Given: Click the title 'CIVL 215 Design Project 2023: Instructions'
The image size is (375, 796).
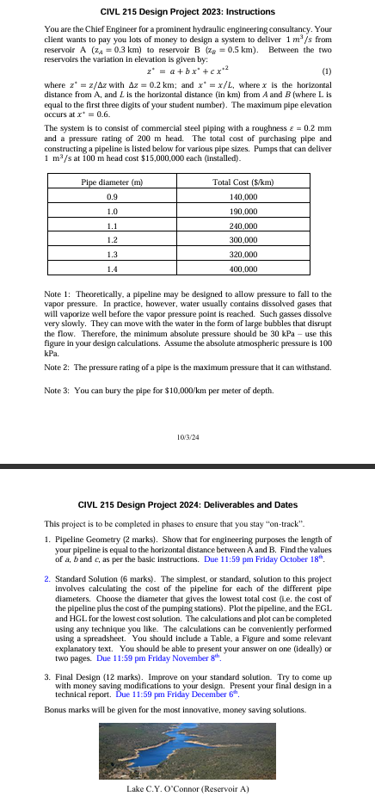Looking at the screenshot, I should [x=187, y=12].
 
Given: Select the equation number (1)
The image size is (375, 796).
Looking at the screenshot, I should [x=325, y=71].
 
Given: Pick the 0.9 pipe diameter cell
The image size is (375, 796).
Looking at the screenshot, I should [x=111, y=197].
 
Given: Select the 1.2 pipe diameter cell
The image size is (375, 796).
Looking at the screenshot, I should [x=111, y=242].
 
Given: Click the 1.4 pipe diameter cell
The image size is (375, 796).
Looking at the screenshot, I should [x=111, y=271].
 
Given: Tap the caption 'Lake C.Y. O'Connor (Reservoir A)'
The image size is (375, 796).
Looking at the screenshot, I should [x=187, y=788].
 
